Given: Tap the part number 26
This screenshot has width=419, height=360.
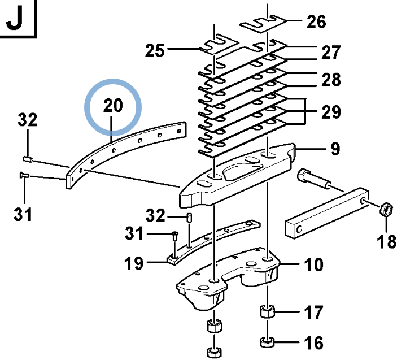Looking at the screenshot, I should coord(316,22).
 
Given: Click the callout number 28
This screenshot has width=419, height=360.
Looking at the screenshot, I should coord(331,80).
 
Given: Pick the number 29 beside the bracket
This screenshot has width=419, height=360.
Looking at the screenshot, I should coord(331,112).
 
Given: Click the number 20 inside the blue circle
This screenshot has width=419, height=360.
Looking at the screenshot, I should coord(112,105).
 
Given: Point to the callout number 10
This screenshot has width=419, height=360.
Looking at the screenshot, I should coord(314,264).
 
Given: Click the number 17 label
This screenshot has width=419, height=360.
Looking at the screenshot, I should coord(314,312).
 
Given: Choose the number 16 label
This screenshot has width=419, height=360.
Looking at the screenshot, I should coord(314,342).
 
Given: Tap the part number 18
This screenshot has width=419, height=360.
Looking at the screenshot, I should coord(387,241).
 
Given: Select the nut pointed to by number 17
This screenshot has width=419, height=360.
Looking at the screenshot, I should coord(267,312).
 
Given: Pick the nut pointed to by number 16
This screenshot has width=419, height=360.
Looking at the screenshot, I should coord(267,342).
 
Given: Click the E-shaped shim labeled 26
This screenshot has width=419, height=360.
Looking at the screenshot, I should coord(264,23).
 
